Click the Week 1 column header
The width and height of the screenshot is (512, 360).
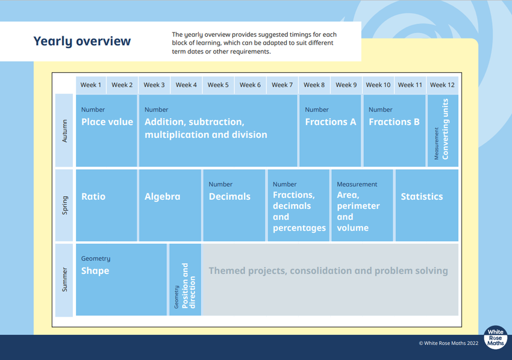tap(91, 85)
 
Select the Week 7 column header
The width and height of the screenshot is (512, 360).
tap(282, 85)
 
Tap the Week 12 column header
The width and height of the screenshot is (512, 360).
tap(443, 85)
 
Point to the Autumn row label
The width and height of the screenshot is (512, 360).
tap(64, 131)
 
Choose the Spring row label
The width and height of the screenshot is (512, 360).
tap(64, 205)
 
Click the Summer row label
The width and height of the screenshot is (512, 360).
tap(64, 280)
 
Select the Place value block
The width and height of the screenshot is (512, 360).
tap(107, 131)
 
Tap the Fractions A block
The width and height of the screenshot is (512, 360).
tap(330, 131)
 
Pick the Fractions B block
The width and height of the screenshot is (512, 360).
tap(395, 131)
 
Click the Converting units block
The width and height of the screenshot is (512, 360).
tap(443, 131)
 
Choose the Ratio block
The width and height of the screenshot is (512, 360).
tap(107, 205)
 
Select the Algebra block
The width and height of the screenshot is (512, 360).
tap(170, 205)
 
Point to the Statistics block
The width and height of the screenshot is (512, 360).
tap(427, 205)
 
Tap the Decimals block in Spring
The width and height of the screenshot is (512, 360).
tap(234, 205)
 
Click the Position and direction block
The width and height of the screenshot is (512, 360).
tap(185, 280)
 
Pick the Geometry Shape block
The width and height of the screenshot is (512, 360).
tap(121, 280)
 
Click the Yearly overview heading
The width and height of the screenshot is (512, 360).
tap(82, 42)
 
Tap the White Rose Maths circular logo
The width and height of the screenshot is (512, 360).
tap(495, 338)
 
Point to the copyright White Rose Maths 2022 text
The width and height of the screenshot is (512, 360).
tap(448, 343)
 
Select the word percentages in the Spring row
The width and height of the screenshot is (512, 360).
tap(299, 228)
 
